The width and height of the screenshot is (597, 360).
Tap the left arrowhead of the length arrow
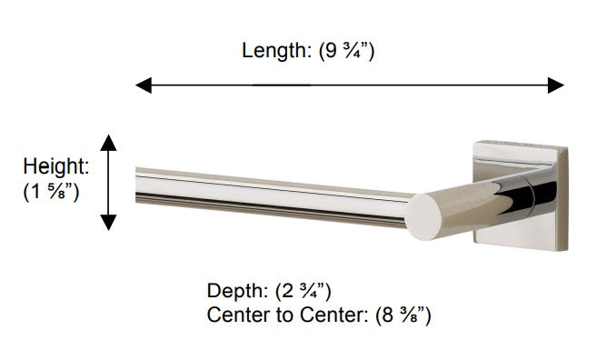pos(144,85)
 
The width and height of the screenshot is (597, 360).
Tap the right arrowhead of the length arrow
pos(556,85)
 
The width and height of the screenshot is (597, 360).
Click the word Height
pos(56,166)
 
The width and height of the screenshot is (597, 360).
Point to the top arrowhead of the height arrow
pos(108,143)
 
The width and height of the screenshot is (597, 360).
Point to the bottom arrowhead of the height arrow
pos(108,223)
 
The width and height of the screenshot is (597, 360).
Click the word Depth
pos(237,292)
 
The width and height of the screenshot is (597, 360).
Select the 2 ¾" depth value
pos(303,292)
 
